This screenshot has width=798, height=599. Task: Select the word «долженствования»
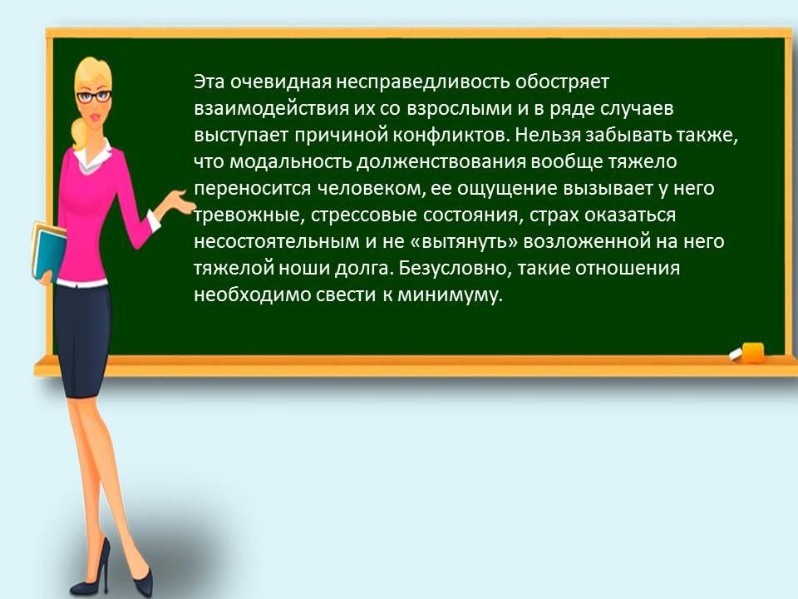tap(441, 162)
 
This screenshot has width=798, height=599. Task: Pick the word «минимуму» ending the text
tap(450, 295)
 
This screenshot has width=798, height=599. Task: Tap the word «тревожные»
tap(249, 215)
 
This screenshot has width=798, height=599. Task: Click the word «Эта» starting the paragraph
tap(209, 82)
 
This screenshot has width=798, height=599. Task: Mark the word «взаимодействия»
tap(271, 108)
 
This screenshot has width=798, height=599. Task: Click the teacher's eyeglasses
tap(94, 97)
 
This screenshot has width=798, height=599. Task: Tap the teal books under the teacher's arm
tap(48, 250)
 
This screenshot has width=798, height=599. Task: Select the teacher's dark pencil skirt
tap(83, 340)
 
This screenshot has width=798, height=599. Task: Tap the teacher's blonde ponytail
tap(80, 132)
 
